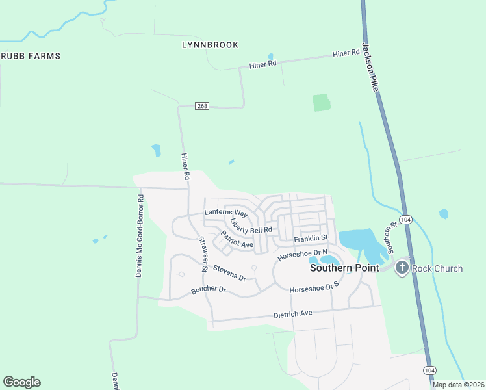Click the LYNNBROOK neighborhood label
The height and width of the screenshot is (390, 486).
tap(209, 45)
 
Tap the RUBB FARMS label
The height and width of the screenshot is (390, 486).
tap(31, 56)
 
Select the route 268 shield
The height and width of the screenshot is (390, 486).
tap(202, 106)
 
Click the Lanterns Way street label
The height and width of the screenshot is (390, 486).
tap(225, 213)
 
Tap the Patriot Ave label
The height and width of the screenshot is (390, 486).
tap(237, 240)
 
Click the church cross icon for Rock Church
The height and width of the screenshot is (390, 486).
tap(402, 267)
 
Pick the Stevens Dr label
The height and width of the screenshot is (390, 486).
tap(229, 272)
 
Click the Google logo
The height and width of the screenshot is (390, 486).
tap(21, 382)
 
